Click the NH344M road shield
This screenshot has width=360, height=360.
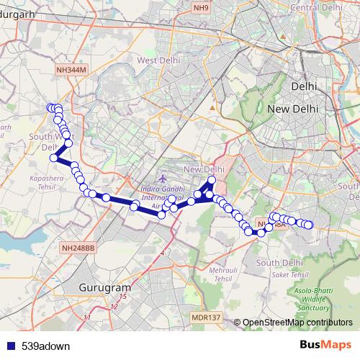tap(71, 69)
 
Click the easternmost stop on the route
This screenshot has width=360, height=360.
tap(309, 225)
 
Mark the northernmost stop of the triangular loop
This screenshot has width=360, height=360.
tap(211, 181)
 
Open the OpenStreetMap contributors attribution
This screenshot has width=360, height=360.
tap(297, 323)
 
